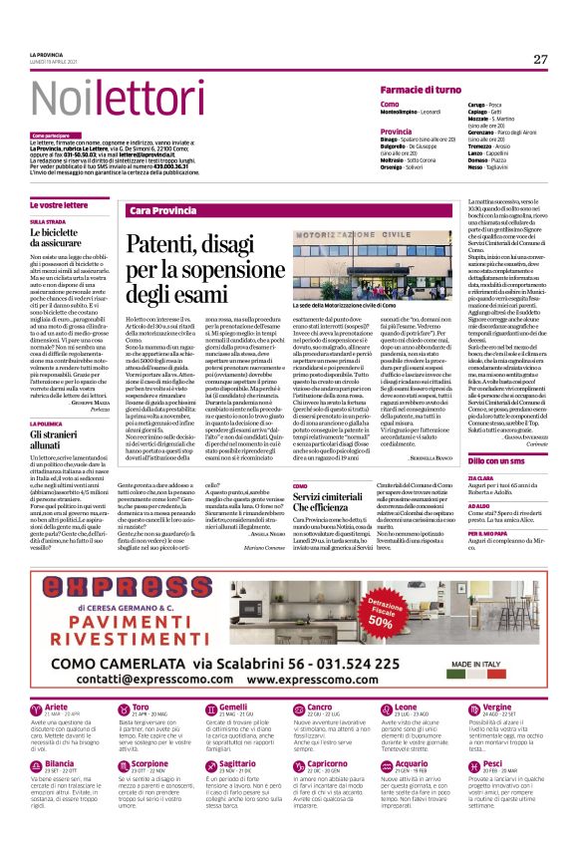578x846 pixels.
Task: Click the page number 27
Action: [x=539, y=59]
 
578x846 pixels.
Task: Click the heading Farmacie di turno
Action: [x=424, y=90]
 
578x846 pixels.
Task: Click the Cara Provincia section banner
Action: [x=162, y=211]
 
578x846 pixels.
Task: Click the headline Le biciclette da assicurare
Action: [x=65, y=236]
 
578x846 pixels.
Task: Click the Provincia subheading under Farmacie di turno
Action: [x=397, y=131]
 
